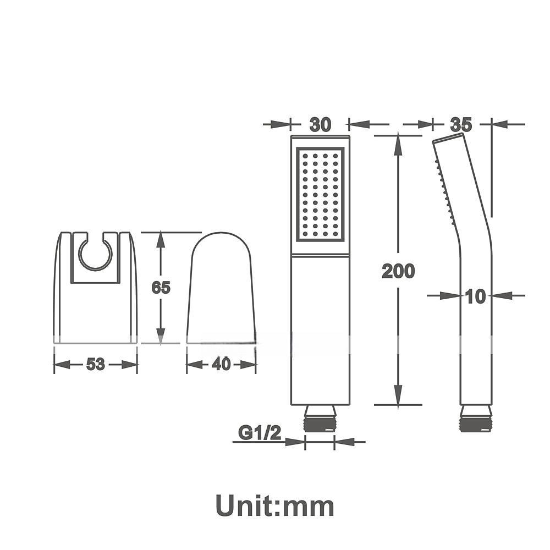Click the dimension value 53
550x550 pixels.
click(95, 365)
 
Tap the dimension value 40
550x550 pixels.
click(221, 365)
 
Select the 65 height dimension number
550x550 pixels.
click(161, 288)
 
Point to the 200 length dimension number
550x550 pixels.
click(398, 271)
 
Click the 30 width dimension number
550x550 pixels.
click(320, 125)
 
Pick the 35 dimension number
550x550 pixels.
click(461, 124)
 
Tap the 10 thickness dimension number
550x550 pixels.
click(476, 297)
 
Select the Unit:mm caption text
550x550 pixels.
click(274, 505)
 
